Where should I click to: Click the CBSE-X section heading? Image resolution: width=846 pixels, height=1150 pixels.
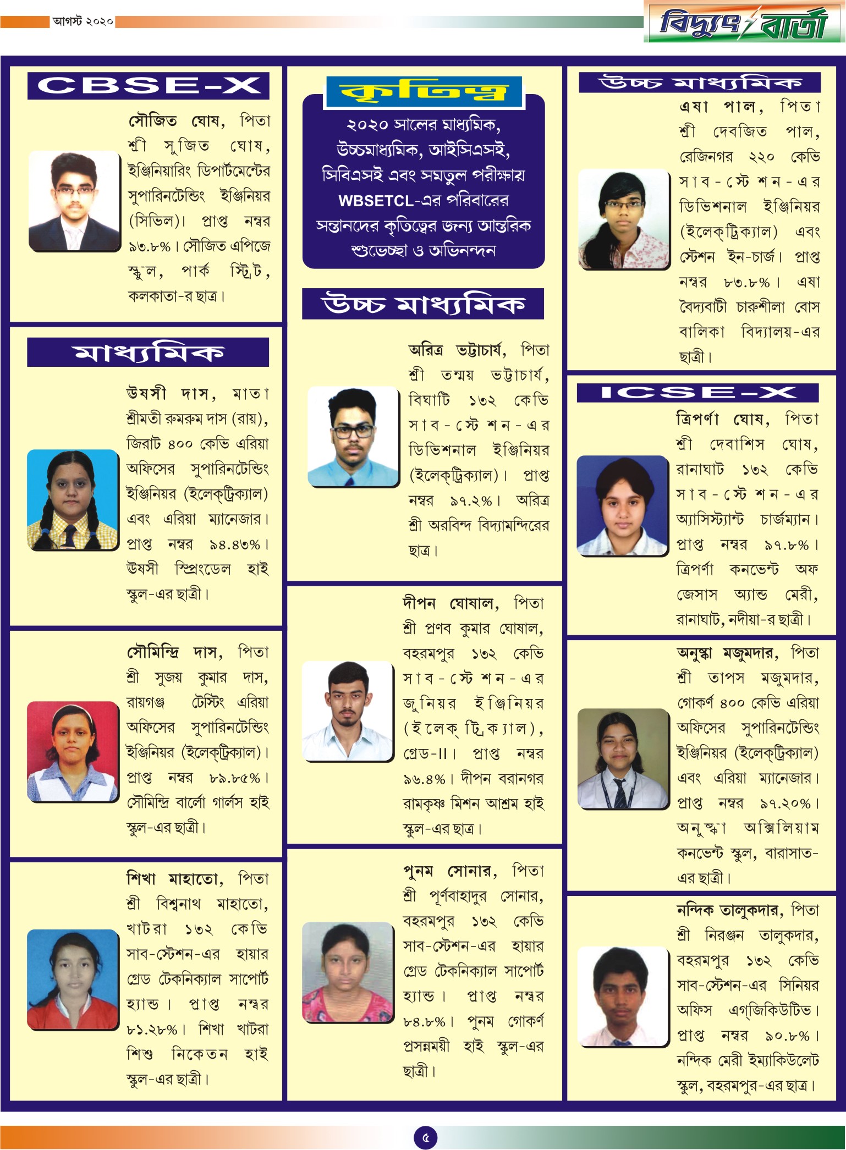tap(148, 86)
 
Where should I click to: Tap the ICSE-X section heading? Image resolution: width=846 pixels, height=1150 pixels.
tap(697, 393)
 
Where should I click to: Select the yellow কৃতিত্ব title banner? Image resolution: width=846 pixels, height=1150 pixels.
tap(424, 92)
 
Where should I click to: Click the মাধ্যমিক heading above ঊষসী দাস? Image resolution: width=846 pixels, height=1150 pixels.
tap(148, 353)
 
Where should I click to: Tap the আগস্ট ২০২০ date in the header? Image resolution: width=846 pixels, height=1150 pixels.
tap(83, 21)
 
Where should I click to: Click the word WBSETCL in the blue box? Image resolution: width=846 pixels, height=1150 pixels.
tap(376, 201)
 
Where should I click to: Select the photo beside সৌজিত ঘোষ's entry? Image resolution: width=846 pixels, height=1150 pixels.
tap(74, 201)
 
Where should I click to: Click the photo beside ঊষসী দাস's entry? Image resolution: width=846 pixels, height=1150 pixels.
tap(73, 499)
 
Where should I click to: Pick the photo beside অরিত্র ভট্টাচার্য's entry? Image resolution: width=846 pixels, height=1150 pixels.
tap(353, 436)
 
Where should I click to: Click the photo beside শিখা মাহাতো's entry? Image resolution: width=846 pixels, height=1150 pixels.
tap(73, 978)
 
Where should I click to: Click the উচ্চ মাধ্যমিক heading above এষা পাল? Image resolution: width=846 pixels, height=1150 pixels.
tap(699, 82)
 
